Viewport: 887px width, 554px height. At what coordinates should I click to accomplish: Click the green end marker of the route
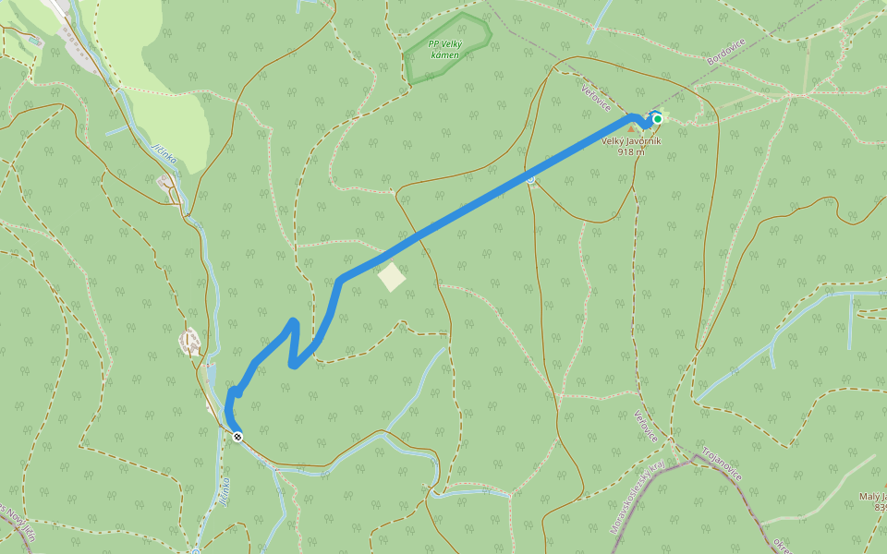pyautogui.click(x=657, y=119)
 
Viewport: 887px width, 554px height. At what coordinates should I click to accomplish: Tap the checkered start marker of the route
pyautogui.click(x=237, y=437)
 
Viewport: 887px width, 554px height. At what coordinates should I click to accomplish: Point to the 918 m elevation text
pyautogui.click(x=631, y=152)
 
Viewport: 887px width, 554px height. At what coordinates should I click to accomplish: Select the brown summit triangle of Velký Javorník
pyautogui.click(x=633, y=127)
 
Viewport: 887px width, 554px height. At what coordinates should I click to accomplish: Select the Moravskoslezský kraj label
pyautogui.click(x=638, y=499)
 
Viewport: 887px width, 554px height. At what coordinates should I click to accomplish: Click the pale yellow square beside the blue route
pyautogui.click(x=392, y=277)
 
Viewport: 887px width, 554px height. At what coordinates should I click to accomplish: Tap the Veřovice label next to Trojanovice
pyautogui.click(x=645, y=426)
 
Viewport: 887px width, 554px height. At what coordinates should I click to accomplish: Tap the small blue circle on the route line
pyautogui.click(x=530, y=178)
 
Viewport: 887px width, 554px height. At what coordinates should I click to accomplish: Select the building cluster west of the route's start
pyautogui.click(x=191, y=343)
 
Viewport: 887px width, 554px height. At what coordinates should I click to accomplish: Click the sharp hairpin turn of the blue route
pyautogui.click(x=293, y=364)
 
